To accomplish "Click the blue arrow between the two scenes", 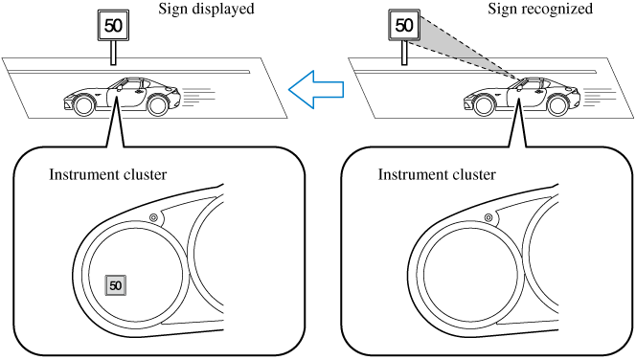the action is tap(316, 89).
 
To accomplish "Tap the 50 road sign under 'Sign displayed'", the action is tap(113, 26).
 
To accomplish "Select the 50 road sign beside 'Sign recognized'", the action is tap(404, 25).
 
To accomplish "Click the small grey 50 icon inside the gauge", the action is tap(116, 285).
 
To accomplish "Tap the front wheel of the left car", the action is tap(84, 105).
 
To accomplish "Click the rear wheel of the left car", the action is tap(157, 105).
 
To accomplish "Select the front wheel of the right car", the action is tap(484, 105).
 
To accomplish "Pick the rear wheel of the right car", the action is tap(557, 105).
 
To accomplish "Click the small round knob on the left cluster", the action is tap(153, 217).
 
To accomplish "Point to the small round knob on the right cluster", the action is tap(488, 217).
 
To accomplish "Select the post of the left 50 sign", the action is tap(114, 53).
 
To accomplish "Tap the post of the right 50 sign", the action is tap(404, 53).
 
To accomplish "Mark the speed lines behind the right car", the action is tap(599, 98).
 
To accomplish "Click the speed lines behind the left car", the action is tap(199, 98).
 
